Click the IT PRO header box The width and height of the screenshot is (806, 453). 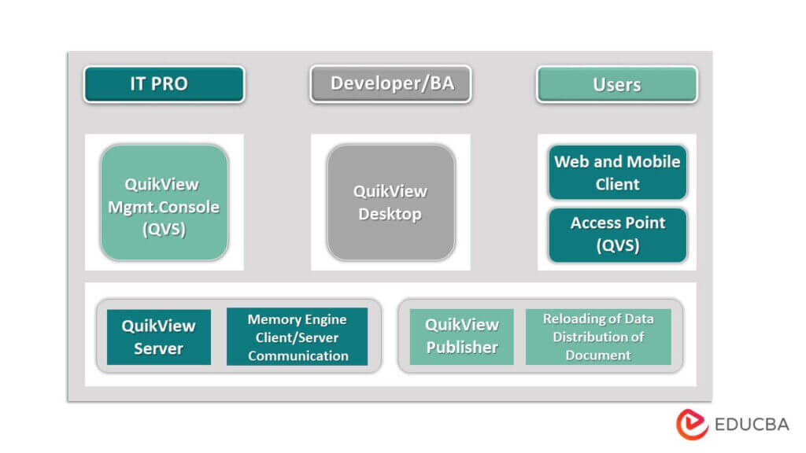(164, 84)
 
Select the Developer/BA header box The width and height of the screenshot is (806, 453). (390, 84)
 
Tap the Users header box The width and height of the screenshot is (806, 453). (616, 84)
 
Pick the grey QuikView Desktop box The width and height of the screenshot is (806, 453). (390, 202)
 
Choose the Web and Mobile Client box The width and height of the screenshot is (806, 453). (617, 172)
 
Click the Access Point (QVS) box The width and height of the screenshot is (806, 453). (617, 234)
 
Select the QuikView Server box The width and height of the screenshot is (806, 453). (158, 337)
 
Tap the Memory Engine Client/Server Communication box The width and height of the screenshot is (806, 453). (297, 337)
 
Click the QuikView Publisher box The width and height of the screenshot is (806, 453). (461, 336)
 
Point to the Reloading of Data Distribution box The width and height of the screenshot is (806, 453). (597, 337)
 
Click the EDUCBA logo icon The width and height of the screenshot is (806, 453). (692, 424)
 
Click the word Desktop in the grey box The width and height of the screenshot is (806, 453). (390, 214)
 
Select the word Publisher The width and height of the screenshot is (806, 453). (462, 347)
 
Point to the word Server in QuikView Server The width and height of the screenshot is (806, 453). (158, 348)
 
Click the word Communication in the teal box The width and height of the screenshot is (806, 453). (298, 355)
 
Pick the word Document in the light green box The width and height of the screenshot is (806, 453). (598, 355)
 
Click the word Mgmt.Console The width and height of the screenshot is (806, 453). (164, 208)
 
